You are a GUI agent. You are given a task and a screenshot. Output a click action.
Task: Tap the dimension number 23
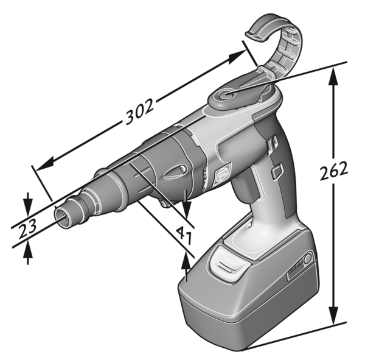pos(26,228)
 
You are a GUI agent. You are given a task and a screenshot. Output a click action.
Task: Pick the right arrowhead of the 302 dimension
pos(238,57)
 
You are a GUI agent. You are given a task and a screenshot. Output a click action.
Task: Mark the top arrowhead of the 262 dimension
pos(333,74)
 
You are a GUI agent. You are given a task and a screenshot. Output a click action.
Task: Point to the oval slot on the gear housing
pos(174,173)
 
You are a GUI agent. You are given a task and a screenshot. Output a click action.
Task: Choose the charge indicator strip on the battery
pos(294,270)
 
